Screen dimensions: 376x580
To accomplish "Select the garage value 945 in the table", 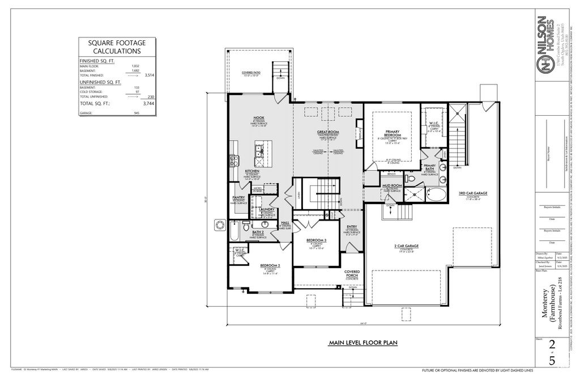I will [x=137, y=113].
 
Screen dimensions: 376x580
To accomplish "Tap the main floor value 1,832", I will [x=135, y=66].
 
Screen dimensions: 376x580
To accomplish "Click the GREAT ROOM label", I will [x=327, y=132].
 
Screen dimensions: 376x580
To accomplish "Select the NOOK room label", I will [x=258, y=118].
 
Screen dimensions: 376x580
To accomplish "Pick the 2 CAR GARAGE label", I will [x=406, y=246].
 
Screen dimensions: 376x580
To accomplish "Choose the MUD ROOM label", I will [x=391, y=185].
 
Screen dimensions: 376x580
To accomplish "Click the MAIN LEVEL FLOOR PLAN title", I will [x=363, y=343].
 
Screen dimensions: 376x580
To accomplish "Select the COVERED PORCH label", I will [x=352, y=273].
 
